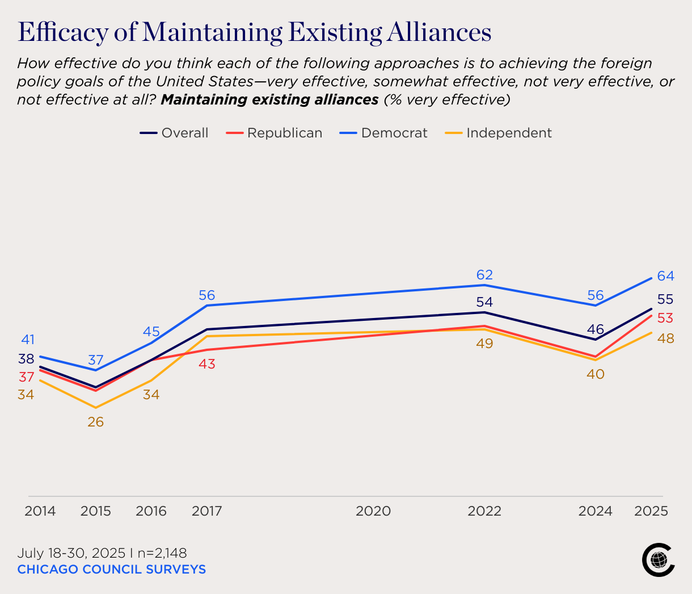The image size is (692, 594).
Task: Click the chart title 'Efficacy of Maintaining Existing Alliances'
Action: pyautogui.click(x=255, y=32)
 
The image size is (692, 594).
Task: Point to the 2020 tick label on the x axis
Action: pyautogui.click(x=373, y=511)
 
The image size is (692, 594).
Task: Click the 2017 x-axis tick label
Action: pyautogui.click(x=207, y=511)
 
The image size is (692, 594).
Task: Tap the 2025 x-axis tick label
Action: pyautogui.click(x=651, y=511)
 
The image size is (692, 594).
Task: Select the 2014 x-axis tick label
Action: pyautogui.click(x=40, y=511)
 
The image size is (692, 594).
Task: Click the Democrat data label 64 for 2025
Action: pyautogui.click(x=665, y=276)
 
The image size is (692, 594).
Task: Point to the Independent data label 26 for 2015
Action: pyautogui.click(x=95, y=422)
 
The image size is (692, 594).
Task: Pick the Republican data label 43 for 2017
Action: pyautogui.click(x=207, y=364)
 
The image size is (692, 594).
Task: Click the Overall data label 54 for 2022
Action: pyautogui.click(x=484, y=302)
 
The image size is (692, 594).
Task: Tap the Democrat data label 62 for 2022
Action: pyautogui.click(x=484, y=275)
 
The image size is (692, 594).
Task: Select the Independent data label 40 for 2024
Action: pyautogui.click(x=596, y=374)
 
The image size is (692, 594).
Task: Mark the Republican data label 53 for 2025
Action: pyautogui.click(x=665, y=318)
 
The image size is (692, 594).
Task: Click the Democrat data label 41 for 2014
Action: pyautogui.click(x=28, y=340)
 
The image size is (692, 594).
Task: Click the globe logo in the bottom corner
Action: pyautogui.click(x=658, y=560)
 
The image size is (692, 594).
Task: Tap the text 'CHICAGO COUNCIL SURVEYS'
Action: pyautogui.click(x=111, y=569)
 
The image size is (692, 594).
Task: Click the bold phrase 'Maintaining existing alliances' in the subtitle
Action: pyautogui.click(x=269, y=100)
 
